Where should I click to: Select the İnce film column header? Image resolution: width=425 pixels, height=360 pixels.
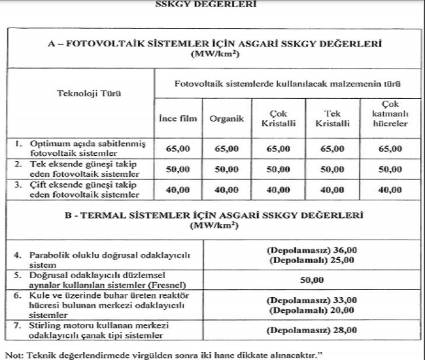[178, 119]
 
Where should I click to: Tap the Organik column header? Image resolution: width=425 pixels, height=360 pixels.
[226, 119]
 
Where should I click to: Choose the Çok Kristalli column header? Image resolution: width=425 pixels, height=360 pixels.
[278, 118]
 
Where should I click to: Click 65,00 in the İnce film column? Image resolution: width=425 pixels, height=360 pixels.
[178, 149]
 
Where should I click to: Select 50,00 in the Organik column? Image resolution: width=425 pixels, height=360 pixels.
[226, 169]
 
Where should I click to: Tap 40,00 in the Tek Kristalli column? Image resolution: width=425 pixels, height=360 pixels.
[331, 190]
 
